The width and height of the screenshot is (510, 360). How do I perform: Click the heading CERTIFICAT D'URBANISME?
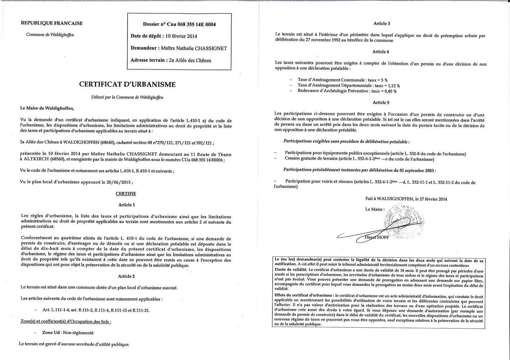tap(127, 85)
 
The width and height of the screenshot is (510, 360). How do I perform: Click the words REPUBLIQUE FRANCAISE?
tap(52, 23)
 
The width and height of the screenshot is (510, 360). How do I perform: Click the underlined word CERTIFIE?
tap(126, 194)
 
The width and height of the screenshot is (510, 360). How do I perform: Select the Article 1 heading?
tap(126, 205)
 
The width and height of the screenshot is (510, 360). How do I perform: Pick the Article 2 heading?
tap(126, 276)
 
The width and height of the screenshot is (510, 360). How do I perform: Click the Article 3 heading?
tap(381, 24)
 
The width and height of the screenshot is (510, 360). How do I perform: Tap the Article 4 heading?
tap(381, 52)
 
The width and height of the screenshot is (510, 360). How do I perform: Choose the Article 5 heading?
tap(381, 103)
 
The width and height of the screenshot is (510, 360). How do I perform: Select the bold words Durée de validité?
tap(290, 270)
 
